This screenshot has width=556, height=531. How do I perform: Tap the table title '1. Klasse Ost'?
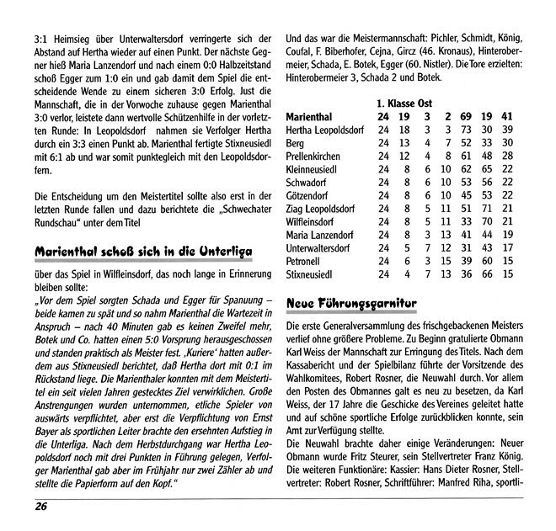404,102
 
